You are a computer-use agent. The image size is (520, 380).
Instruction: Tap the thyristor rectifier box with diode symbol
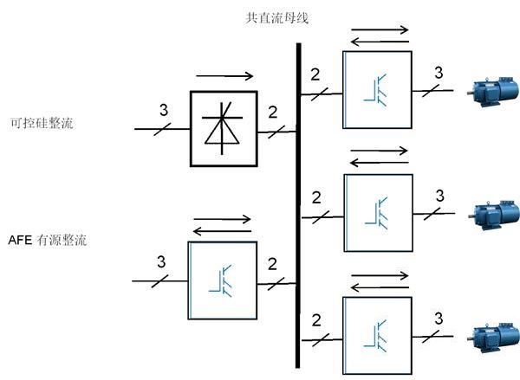point(224,127)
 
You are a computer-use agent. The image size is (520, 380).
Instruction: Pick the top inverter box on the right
point(377,89)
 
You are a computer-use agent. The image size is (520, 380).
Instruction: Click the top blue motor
point(491,89)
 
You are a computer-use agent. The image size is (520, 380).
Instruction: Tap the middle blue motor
point(491,212)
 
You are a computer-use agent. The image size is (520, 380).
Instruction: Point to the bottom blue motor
point(491,333)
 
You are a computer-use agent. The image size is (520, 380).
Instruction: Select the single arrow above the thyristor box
point(224,76)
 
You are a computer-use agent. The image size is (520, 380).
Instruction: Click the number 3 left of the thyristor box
point(163,110)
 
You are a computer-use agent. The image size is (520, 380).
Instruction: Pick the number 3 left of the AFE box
point(161,261)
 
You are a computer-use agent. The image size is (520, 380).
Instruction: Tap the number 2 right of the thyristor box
point(272,112)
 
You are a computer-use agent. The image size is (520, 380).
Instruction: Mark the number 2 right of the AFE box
point(272,262)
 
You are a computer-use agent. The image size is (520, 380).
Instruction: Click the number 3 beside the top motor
point(439,72)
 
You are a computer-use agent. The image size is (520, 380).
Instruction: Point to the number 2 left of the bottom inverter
point(315,319)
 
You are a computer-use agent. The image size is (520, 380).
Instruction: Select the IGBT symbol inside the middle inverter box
point(378,213)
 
